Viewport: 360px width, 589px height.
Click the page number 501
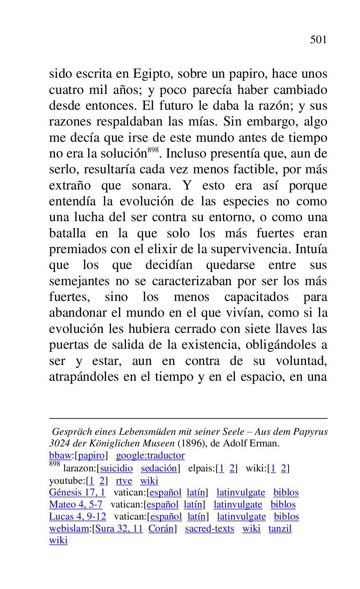click(318, 40)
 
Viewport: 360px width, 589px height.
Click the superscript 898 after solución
click(153, 150)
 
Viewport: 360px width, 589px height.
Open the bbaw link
click(60, 456)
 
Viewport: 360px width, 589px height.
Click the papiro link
click(91, 456)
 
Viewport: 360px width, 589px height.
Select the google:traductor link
click(150, 456)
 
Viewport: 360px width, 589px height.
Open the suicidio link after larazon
click(116, 468)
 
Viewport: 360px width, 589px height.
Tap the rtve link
click(124, 481)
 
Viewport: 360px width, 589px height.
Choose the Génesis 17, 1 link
click(77, 493)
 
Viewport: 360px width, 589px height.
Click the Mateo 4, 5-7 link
click(76, 505)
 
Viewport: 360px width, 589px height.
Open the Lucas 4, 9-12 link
click(77, 517)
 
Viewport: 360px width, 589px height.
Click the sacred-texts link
click(210, 529)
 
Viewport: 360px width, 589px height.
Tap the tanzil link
click(280, 529)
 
